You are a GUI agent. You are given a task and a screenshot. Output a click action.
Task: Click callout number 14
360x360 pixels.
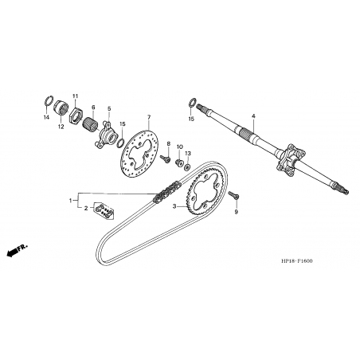[46, 117]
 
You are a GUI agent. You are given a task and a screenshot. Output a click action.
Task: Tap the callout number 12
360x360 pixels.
[61, 127]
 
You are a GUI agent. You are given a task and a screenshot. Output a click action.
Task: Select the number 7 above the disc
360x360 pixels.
[149, 117]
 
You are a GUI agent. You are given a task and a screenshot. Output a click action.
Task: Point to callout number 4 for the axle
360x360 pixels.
[253, 116]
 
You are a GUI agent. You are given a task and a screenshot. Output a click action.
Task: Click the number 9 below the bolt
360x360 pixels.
[237, 212]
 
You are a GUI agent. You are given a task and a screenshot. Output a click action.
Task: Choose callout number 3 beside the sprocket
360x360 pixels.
[174, 206]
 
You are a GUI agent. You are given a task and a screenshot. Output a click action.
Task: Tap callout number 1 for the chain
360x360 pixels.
[71, 201]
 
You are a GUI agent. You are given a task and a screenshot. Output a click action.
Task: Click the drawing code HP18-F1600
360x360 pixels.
[297, 260]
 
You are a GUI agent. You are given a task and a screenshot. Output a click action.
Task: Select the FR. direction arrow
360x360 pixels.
[17, 250]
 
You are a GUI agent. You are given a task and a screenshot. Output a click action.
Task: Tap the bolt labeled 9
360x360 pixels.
[233, 195]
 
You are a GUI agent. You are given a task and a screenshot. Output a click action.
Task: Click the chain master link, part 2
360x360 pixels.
[104, 211]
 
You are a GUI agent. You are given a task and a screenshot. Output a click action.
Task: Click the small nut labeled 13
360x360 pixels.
[187, 167]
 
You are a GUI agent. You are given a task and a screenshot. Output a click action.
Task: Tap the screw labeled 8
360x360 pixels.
[165, 158]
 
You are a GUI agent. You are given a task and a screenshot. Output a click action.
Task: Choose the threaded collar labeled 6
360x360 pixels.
[90, 124]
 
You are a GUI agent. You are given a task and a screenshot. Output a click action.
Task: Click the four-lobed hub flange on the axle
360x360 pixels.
[289, 159]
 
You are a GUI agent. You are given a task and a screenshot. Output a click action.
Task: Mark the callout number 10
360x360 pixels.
[180, 147]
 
